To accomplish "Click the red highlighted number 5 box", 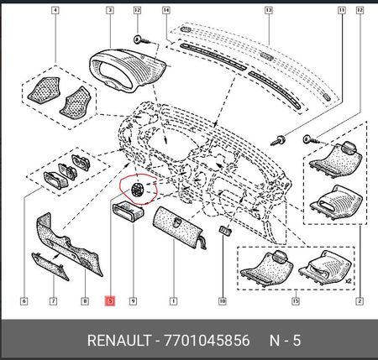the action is pyautogui.click(x=110, y=300).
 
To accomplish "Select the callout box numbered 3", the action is pyautogui.click(x=110, y=11).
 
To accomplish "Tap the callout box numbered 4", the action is pyautogui.click(x=55, y=11).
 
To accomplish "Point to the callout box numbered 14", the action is pyautogui.click(x=166, y=11).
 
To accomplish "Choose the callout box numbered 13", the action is pyautogui.click(x=269, y=11).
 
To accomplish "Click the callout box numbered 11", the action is pyautogui.click(x=342, y=11).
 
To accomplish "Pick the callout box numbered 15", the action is pyautogui.click(x=296, y=301).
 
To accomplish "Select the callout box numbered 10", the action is pyautogui.click(x=223, y=301).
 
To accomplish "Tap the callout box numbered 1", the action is pyautogui.click(x=173, y=301).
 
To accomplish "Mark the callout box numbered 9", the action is pyautogui.click(x=133, y=301).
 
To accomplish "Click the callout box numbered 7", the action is pyautogui.click(x=53, y=301).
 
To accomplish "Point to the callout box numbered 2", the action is pyautogui.click(x=360, y=301).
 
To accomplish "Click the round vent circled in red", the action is pyautogui.click(x=138, y=190).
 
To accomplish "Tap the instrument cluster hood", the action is pyautogui.click(x=128, y=70).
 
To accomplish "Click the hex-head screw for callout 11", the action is pyautogui.click(x=278, y=139).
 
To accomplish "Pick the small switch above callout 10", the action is pyautogui.click(x=225, y=230).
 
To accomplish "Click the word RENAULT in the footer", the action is pyautogui.click(x=119, y=341).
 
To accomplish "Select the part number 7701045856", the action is pyautogui.click(x=207, y=341).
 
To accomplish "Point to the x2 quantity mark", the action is pyautogui.click(x=348, y=280).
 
